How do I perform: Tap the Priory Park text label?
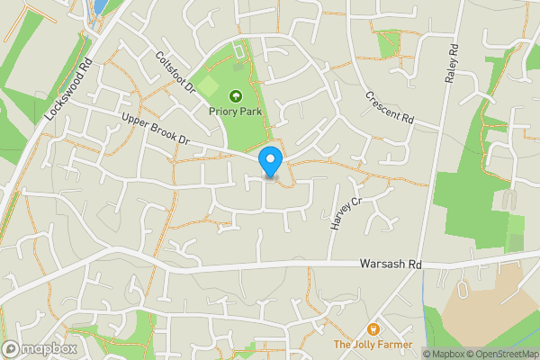tap(237, 111)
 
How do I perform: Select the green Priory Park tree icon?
tap(237, 94)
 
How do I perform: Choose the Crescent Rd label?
tap(389, 107)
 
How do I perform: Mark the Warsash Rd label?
tap(390, 265)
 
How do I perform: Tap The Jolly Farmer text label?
tap(373, 345)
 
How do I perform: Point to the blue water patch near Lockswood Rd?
tap(98, 7)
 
